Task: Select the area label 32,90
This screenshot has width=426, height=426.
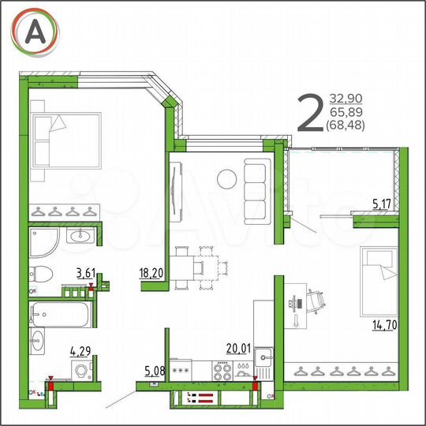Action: [x=347, y=98]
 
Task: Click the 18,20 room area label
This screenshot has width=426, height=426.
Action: [x=152, y=274]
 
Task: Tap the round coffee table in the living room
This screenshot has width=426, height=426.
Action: [x=226, y=179]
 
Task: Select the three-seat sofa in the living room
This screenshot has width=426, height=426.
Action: [x=257, y=189]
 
